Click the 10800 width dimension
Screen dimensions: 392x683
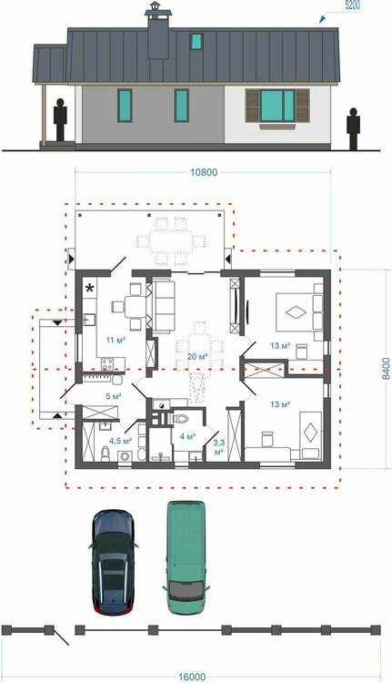tap(204, 172)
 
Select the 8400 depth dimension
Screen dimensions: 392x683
tap(386, 369)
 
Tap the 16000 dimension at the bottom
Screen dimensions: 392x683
tap(191, 678)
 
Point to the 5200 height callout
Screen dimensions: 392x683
tap(351, 6)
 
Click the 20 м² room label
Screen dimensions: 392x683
tap(196, 357)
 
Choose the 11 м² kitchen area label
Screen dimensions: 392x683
tap(116, 341)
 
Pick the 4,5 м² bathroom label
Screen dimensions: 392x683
tap(121, 442)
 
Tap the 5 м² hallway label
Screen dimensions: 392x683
tap(113, 396)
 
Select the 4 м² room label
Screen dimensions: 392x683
tap(187, 436)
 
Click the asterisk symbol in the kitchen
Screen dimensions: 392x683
tap(90, 288)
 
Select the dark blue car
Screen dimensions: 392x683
tap(113, 563)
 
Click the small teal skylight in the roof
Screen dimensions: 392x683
tap(196, 41)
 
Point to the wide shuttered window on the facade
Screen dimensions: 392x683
tap(277, 106)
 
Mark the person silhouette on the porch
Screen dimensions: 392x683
tap(60, 120)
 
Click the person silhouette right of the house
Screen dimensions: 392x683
tap(353, 128)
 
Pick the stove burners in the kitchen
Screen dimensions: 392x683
tap(107, 363)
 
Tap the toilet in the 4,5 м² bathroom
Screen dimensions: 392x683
tap(106, 454)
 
